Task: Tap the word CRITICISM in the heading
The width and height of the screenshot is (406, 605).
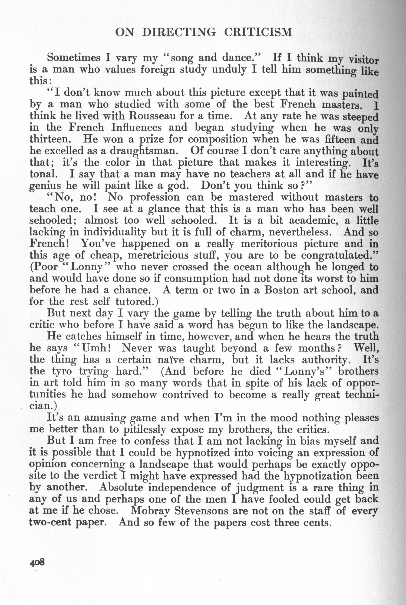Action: click(x=258, y=32)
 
